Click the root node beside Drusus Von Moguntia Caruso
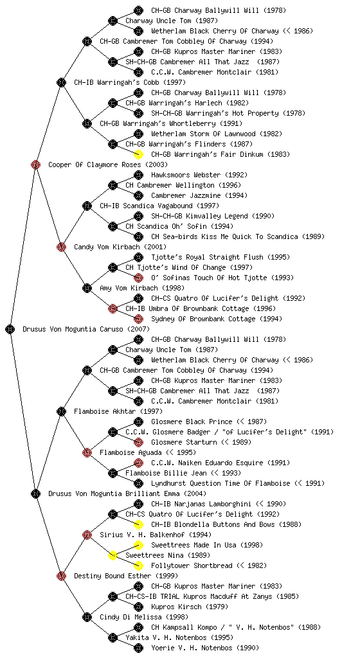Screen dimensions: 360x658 (x=10, y=330)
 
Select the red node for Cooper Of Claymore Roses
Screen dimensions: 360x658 (x=35, y=165)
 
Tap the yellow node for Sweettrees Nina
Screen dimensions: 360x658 (x=113, y=556)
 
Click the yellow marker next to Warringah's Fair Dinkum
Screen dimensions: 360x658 (x=138, y=154)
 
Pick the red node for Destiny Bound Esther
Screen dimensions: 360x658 (x=61, y=576)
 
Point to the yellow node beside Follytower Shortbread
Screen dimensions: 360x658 (x=138, y=565)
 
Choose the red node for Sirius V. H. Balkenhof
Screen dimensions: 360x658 (x=87, y=535)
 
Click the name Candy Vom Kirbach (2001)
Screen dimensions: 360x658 (x=120, y=247)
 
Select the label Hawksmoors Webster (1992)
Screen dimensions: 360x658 (x=199, y=175)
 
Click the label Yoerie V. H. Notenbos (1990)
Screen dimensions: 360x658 (x=205, y=648)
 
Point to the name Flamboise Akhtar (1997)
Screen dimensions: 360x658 (x=118, y=412)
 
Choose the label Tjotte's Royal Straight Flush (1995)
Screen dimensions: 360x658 (x=221, y=257)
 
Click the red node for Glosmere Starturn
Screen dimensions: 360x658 (x=138, y=442)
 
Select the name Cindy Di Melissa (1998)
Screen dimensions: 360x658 (x=144, y=618)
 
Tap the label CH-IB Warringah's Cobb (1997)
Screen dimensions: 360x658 (x=130, y=83)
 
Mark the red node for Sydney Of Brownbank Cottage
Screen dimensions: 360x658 (x=138, y=319)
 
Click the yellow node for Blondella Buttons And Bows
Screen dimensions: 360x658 (x=138, y=524)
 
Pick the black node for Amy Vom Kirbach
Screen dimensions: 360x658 (x=87, y=289)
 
